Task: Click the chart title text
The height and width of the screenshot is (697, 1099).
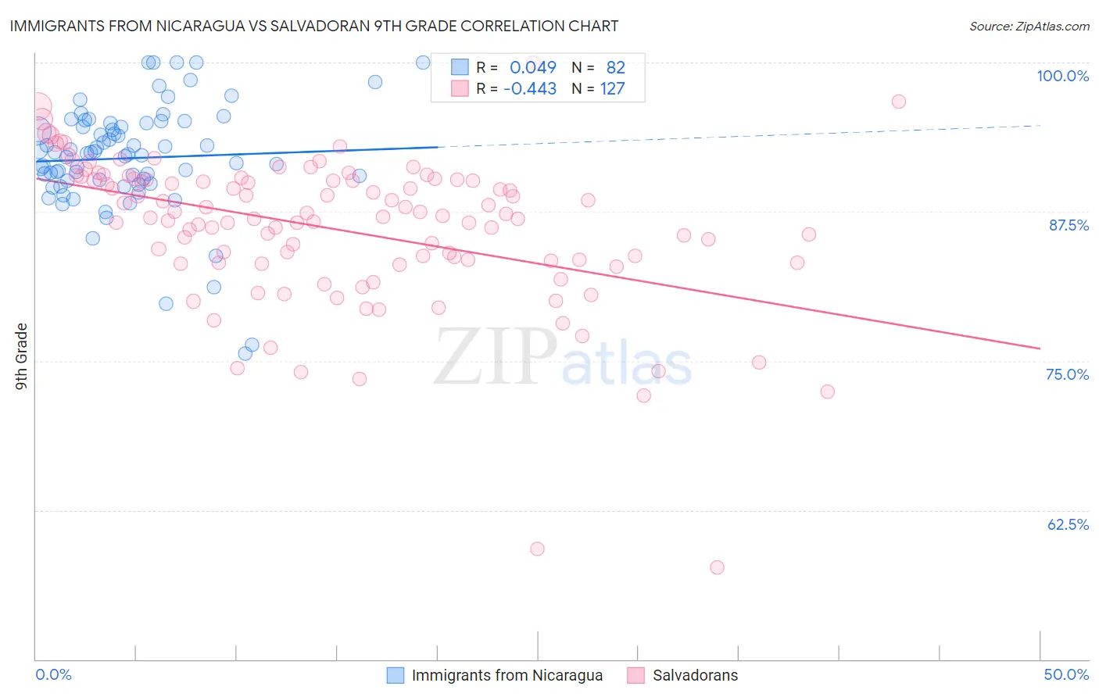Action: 313,27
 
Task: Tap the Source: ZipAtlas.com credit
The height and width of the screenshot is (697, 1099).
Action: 1029,27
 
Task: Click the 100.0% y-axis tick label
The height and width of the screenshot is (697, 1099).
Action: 1062,76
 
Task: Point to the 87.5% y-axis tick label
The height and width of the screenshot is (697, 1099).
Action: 1069,225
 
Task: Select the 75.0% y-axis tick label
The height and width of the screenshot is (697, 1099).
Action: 1067,374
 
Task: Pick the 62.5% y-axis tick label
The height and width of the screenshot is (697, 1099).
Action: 1068,524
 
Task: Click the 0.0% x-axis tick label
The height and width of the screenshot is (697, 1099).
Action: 53,675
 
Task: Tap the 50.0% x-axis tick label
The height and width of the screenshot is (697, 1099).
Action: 1066,675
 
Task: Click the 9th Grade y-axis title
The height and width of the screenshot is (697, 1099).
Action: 22,356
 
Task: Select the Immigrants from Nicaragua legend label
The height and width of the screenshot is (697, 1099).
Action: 507,676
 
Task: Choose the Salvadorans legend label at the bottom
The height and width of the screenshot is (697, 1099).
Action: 695,676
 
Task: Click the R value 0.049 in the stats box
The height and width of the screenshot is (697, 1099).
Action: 533,68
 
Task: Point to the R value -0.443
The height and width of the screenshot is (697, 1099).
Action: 530,89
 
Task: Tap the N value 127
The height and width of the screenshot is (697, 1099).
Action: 612,89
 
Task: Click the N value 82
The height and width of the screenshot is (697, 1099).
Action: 615,68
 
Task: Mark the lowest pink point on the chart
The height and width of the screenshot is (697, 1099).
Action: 717,567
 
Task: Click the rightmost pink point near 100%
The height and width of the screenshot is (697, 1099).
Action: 898,102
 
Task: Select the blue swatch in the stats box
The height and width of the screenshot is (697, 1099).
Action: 460,68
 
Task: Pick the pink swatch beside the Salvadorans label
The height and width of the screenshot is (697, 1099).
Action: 635,676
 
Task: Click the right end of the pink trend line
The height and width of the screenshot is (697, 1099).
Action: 1040,348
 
